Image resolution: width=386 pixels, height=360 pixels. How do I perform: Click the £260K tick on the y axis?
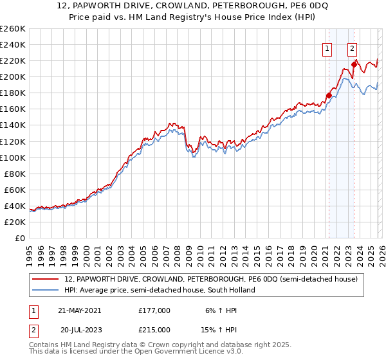pos(13,29)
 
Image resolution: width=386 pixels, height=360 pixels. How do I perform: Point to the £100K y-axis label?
pos(13,157)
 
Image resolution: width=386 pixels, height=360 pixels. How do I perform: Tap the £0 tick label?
pos(19,238)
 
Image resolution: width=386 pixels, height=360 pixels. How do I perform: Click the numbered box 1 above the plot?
pos(327,48)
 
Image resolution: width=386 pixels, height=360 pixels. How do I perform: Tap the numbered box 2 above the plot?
pos(353,48)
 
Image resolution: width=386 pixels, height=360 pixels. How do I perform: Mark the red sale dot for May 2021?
pos(329,96)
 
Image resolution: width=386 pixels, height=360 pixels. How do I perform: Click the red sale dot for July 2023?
pos(354,65)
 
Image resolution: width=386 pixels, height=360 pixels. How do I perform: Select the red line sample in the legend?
pos(46,279)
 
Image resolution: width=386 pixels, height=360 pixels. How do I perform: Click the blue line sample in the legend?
pos(46,290)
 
